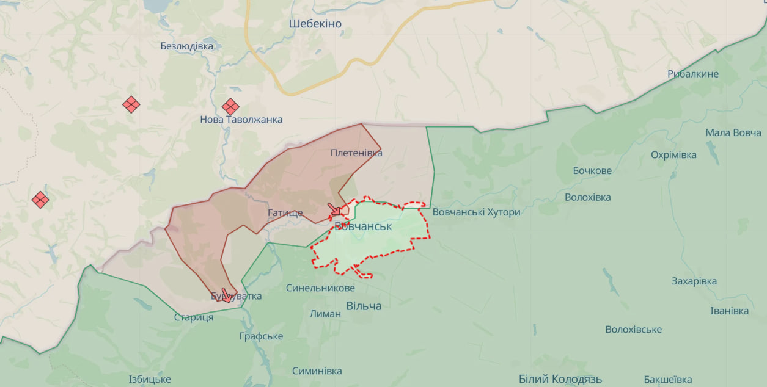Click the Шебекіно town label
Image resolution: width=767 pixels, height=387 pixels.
[315, 24]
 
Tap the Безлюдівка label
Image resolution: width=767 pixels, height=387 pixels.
[187, 46]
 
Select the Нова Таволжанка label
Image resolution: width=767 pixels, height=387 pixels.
[241, 120]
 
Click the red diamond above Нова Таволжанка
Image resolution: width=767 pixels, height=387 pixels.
[230, 107]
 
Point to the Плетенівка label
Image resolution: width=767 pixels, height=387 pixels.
[356, 153]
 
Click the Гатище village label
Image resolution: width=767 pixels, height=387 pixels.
[285, 213]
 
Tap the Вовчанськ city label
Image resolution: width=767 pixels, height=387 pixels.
[363, 226]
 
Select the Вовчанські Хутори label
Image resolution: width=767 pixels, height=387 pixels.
[476, 212]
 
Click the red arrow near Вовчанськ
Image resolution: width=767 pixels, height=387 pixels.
[334, 209]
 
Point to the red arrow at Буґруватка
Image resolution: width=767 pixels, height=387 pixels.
[226, 295]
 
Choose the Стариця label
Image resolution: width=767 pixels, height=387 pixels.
[194, 317]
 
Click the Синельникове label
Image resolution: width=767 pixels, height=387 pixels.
[320, 288]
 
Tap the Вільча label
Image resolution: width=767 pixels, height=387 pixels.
[364, 306]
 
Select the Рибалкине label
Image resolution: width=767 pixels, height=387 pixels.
[693, 74]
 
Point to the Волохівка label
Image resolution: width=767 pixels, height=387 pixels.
[587, 198]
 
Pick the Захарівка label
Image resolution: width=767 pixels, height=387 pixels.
[694, 281]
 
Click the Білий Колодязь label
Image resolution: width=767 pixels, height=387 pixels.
[560, 379]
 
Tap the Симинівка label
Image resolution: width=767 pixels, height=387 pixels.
[317, 371]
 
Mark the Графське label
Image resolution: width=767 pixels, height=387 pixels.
[261, 336]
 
